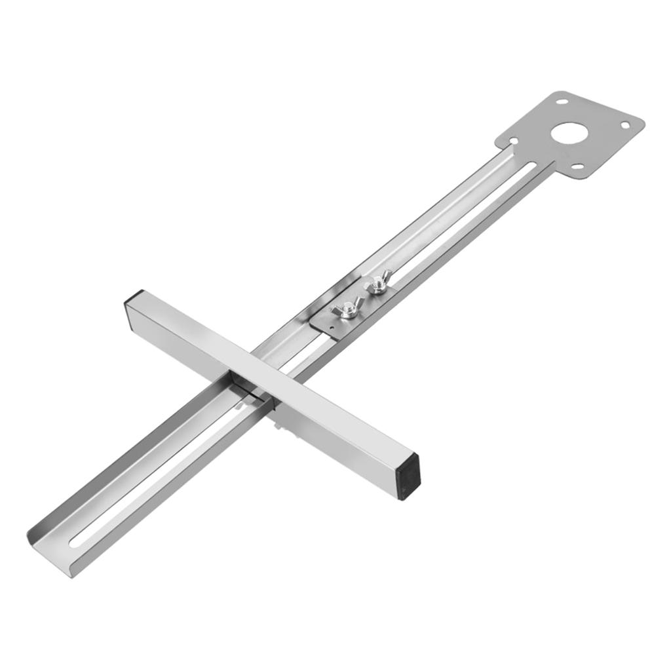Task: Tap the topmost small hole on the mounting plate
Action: pyautogui.click(x=562, y=102)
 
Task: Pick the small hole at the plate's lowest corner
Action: pyautogui.click(x=577, y=166)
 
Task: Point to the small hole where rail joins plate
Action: pyautogui.click(x=514, y=140)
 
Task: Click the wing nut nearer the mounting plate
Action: pyautogui.click(x=378, y=285)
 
